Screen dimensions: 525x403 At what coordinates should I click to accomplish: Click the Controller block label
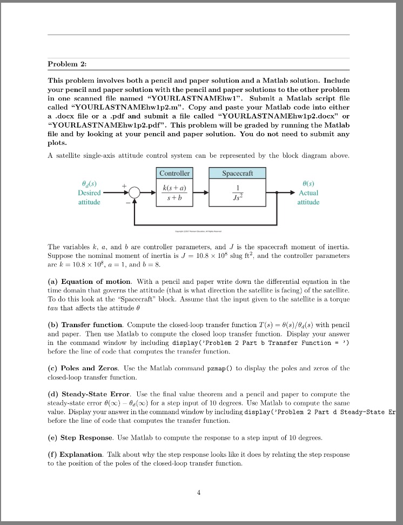(x=174, y=173)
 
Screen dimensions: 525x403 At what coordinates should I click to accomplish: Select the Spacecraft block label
(x=238, y=173)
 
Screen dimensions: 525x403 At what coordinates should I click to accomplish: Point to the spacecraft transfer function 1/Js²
(x=238, y=192)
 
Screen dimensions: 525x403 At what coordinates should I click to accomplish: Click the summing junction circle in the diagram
(x=134, y=193)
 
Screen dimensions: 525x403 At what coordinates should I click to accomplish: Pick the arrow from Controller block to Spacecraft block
(x=205, y=193)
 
